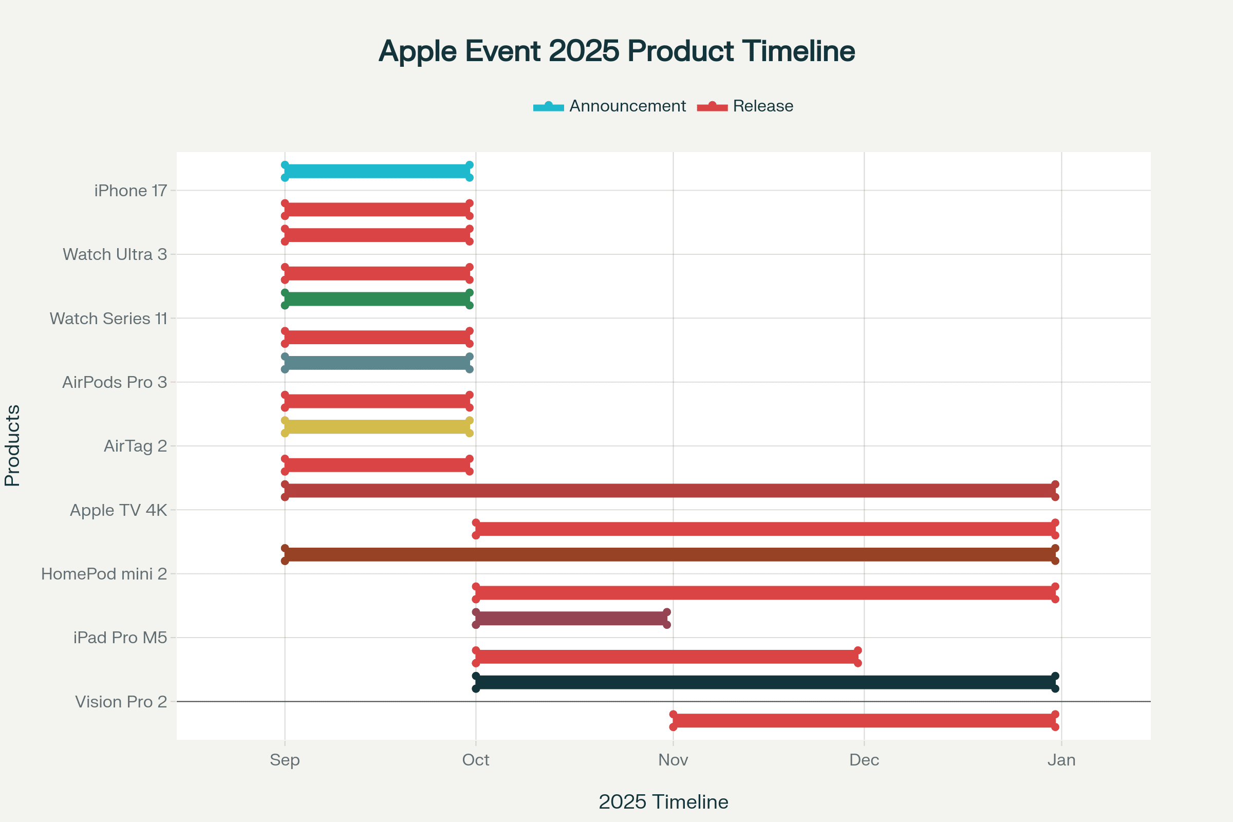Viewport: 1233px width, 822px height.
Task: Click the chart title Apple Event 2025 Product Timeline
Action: pos(616,51)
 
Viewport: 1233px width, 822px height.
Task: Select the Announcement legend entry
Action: pos(609,106)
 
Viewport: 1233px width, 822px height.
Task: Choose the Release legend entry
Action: pos(745,106)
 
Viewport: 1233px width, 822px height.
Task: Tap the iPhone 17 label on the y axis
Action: pos(130,191)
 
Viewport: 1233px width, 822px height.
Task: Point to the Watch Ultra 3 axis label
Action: pos(115,255)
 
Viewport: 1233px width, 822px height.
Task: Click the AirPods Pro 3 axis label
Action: pos(115,383)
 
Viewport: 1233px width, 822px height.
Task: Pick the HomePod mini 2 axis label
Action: pos(104,574)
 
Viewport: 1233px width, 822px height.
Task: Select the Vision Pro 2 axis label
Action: pos(121,702)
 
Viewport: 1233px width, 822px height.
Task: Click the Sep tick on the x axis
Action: pos(285,760)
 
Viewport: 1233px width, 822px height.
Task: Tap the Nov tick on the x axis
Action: pos(673,760)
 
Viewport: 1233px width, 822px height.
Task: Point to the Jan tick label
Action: pos(1061,760)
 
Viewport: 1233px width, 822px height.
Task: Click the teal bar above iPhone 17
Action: pos(377,172)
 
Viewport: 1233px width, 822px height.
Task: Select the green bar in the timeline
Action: pos(377,300)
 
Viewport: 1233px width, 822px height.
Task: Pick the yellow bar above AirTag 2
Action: pos(377,427)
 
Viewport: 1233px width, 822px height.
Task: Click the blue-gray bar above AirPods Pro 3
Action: pos(377,363)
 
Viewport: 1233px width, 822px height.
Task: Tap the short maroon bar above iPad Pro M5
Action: pos(571,619)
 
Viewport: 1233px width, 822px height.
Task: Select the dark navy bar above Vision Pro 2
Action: pos(765,683)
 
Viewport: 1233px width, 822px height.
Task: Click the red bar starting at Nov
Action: pos(864,721)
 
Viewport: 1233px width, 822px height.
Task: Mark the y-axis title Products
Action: pos(12,445)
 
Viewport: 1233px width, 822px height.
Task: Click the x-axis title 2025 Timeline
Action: pos(663,802)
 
